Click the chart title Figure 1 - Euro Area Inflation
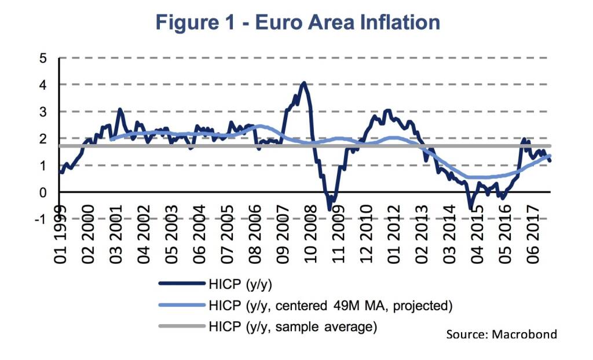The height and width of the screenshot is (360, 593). pyautogui.click(x=296, y=22)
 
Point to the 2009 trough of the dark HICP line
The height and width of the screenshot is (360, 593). pyautogui.click(x=330, y=209)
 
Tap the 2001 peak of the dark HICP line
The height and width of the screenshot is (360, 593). pyautogui.click(x=120, y=109)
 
